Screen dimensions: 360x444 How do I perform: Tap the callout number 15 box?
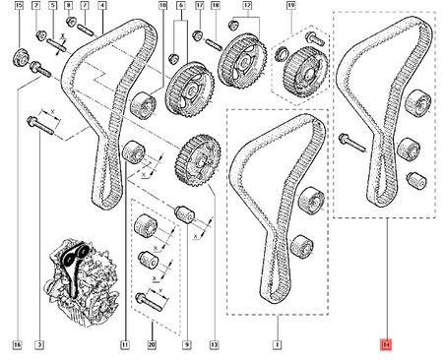point(18,8)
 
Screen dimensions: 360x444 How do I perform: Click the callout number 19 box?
point(289,8)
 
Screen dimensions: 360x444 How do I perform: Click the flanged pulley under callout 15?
point(19,53)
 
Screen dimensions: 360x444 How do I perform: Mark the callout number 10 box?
point(163,8)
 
